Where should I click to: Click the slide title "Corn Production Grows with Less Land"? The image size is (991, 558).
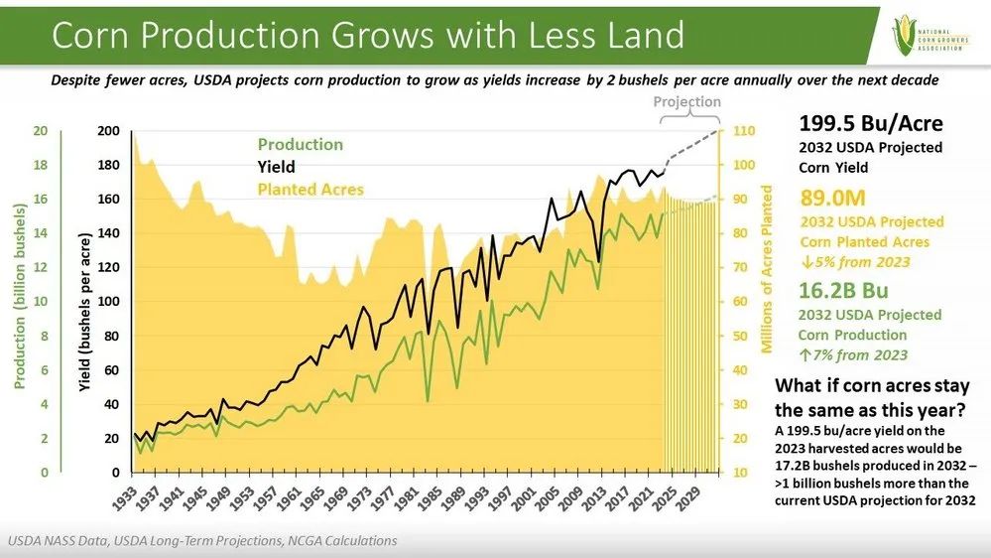coord(367,36)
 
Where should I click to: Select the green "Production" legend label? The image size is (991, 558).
coord(301,145)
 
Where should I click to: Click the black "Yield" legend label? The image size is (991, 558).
coord(277,167)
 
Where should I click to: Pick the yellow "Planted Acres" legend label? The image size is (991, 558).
coord(310,189)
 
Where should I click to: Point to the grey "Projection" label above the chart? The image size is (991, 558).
coord(686,102)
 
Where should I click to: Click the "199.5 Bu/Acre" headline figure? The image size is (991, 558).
coord(871,124)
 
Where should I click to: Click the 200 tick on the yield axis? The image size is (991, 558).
coord(109,132)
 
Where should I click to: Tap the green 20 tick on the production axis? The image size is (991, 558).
coord(41,132)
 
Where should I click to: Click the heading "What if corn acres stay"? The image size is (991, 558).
coord(871,386)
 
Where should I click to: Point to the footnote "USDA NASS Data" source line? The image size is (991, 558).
coord(202,541)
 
